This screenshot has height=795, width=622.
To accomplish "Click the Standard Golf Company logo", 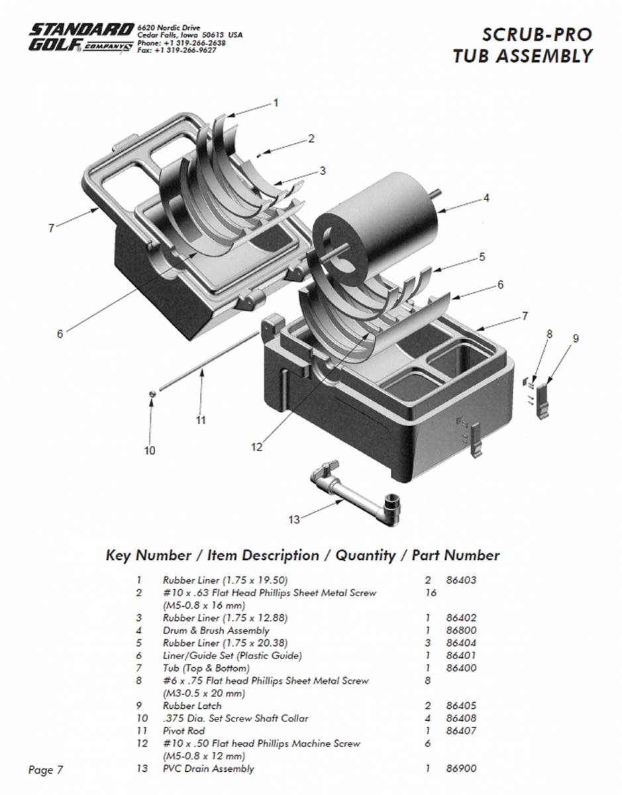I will tap(79, 38).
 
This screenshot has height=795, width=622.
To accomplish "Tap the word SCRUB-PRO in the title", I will tap(537, 34).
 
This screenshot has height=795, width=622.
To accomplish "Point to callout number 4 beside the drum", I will tap(486, 197).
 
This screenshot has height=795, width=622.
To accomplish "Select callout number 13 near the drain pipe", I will tap(294, 519).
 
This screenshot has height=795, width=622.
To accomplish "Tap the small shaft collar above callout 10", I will tap(152, 395).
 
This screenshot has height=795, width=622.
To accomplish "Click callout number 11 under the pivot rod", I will tap(201, 419).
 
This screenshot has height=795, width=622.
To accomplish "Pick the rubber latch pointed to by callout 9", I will tap(543, 400).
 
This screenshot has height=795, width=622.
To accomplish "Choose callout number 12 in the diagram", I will tap(257, 447).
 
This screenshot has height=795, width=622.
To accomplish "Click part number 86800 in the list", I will tap(462, 630).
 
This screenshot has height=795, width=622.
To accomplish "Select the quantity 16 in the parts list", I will tap(431, 592).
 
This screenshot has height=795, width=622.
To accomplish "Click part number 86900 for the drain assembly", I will tap(462, 768).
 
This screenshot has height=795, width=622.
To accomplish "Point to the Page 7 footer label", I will tap(46, 769).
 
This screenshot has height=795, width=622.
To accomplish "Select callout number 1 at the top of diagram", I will tap(276, 103).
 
